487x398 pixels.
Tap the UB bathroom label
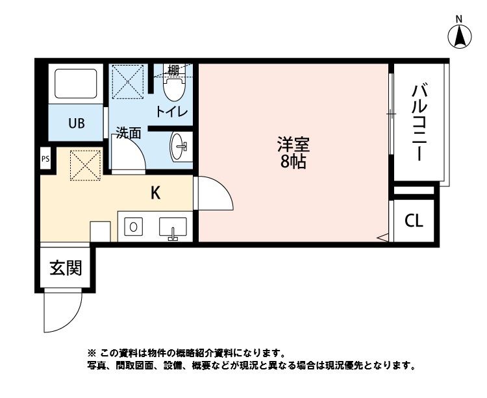77,123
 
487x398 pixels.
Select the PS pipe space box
45,158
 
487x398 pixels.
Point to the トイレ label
171,112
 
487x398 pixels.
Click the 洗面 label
129,133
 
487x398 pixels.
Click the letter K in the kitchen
156,192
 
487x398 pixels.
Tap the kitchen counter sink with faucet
173,229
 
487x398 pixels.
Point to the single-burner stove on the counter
133,227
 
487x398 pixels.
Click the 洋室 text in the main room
293,143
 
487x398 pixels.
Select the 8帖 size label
293,162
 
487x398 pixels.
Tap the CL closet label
414,221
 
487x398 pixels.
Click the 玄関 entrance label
66,267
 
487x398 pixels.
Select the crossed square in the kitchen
85,164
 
